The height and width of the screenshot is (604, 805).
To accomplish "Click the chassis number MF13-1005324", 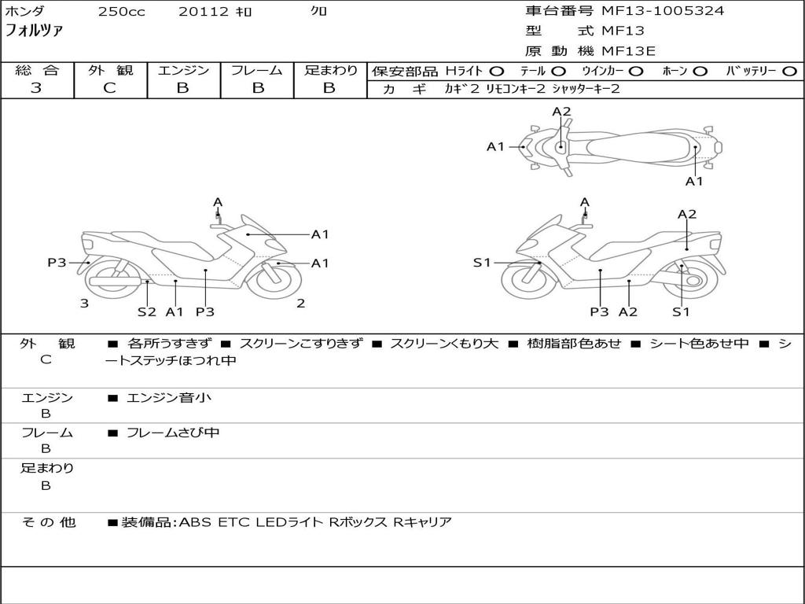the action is (x=663, y=11).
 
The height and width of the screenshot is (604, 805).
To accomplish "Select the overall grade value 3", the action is (x=36, y=88).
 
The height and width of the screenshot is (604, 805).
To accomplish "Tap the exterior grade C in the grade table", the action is (x=110, y=88).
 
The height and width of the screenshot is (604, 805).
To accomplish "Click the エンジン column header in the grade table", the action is (x=183, y=70).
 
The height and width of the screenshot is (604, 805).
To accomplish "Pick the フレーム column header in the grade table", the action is (x=257, y=70).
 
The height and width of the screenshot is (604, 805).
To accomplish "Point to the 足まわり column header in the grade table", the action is (x=331, y=70).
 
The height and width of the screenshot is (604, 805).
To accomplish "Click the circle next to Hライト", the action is (x=496, y=71).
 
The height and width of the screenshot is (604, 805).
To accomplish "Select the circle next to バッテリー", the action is (x=789, y=71).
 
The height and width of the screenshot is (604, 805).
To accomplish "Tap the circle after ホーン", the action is (x=700, y=71).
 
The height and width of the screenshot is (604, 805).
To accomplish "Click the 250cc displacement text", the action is (x=121, y=12).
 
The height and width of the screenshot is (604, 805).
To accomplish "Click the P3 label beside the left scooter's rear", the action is (x=57, y=263).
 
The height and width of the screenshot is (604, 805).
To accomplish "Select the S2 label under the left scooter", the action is (x=147, y=311).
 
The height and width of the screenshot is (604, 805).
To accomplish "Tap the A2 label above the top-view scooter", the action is (x=561, y=112).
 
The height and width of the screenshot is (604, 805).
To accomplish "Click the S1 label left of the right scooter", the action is (x=482, y=263).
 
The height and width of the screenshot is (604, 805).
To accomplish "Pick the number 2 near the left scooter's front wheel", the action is (x=300, y=304).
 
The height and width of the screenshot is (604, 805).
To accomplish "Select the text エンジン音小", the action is (x=168, y=398).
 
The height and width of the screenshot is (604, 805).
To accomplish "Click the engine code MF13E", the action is (x=629, y=51).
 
